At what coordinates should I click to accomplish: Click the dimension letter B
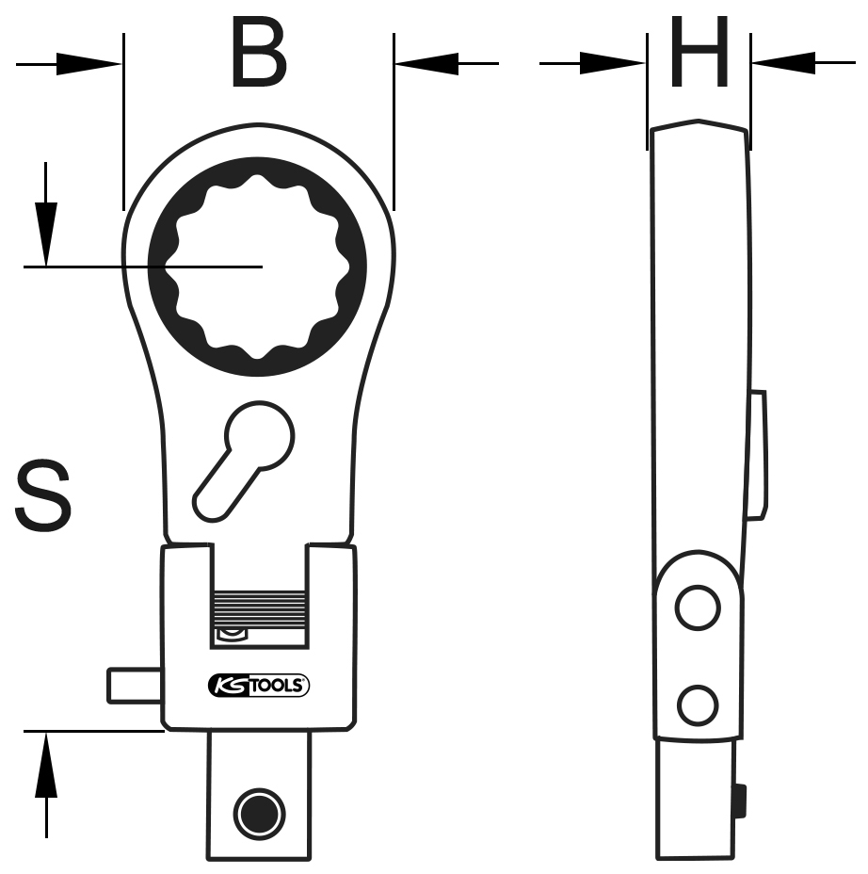258,56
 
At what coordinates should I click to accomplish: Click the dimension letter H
699,56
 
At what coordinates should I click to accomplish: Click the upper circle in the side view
698,608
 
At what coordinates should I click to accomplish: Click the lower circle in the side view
698,704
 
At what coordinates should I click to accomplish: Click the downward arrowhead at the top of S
44,231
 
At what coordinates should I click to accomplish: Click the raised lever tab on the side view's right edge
757,454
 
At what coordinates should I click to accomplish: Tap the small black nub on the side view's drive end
742,801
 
